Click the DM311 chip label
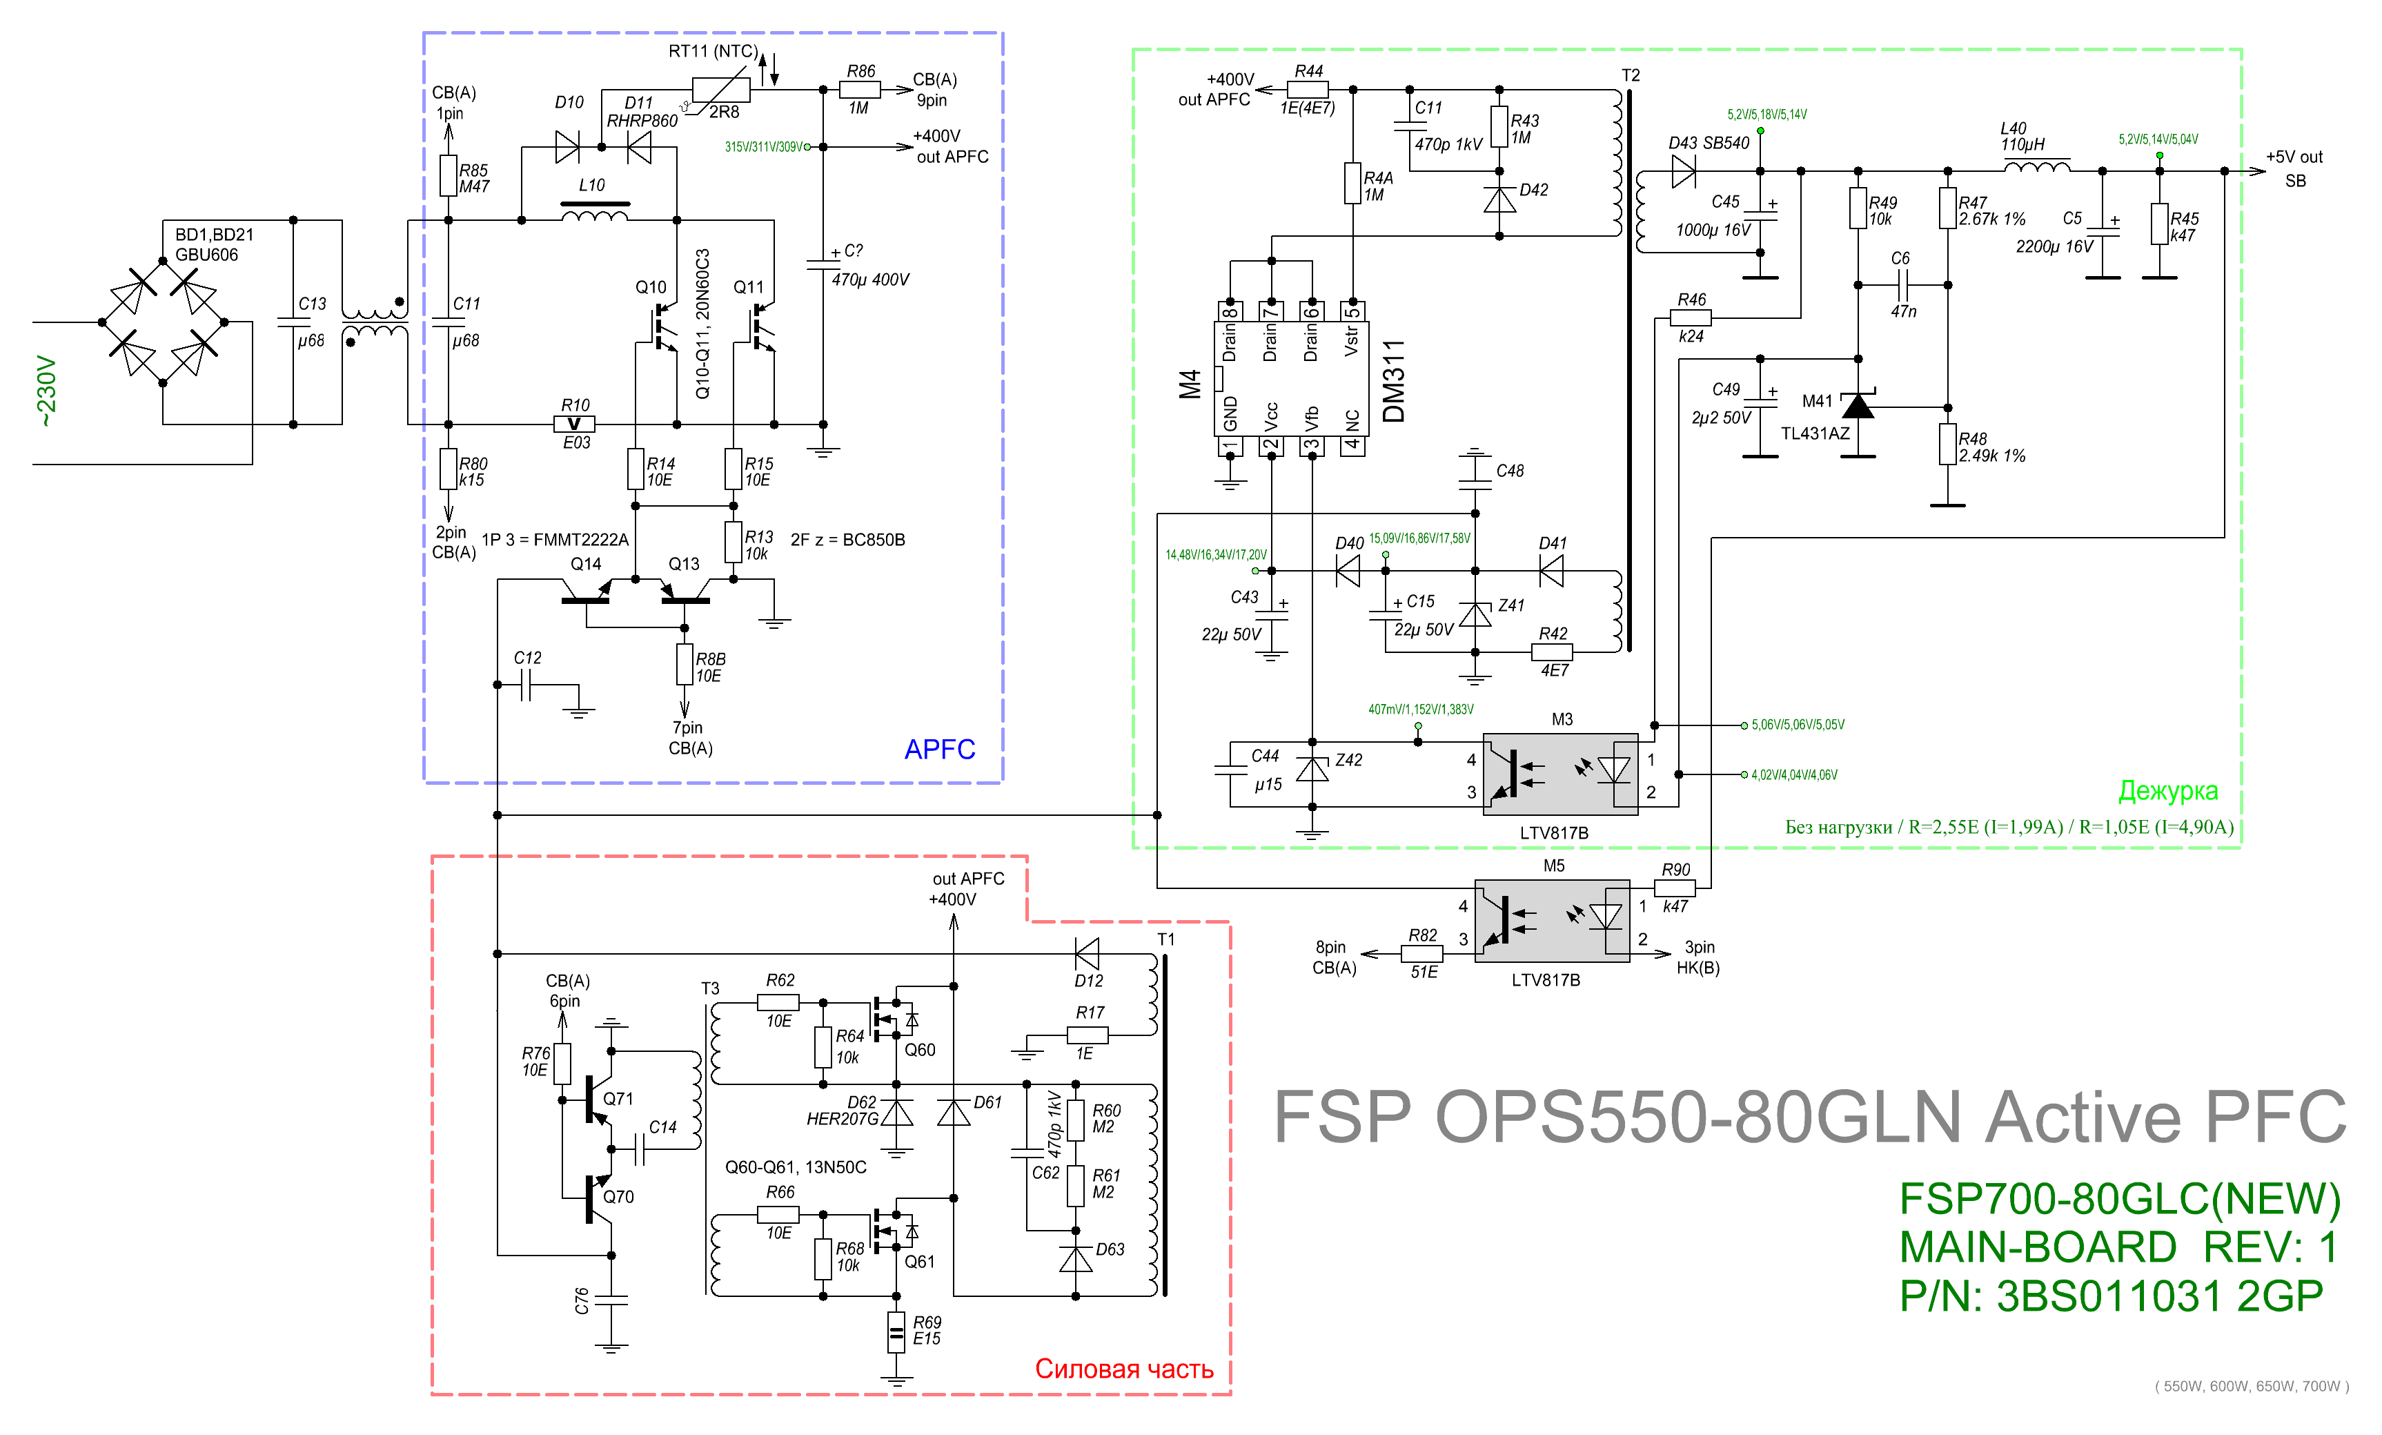click(1393, 381)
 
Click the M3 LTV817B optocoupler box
click(1560, 774)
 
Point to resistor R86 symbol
click(859, 90)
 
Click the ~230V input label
click(46, 391)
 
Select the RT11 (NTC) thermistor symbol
click(721, 90)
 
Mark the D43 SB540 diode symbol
click(1683, 171)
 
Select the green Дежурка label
click(2167, 791)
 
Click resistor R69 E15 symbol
click(896, 1331)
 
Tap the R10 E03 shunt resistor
click(573, 424)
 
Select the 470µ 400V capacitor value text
click(870, 280)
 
